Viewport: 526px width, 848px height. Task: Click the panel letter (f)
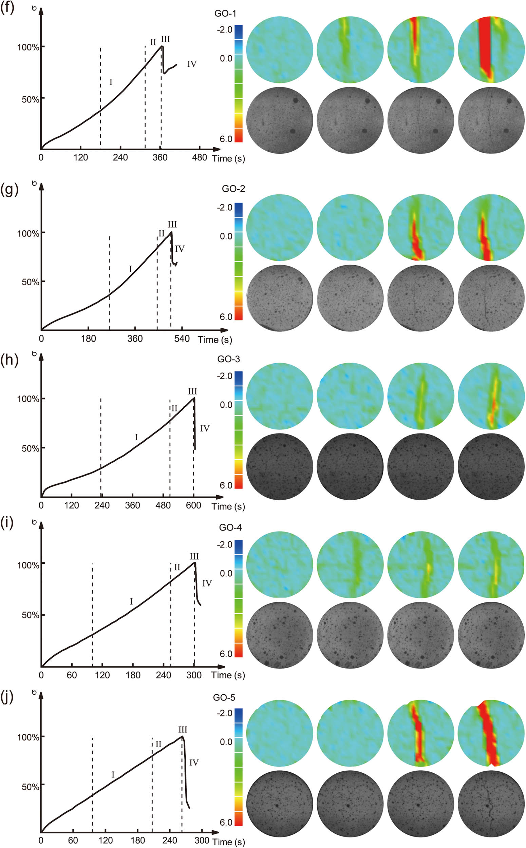[7, 8]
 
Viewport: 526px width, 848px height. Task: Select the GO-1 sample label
[225, 14]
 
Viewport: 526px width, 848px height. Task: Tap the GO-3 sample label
[229, 359]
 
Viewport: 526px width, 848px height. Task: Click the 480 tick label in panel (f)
[199, 157]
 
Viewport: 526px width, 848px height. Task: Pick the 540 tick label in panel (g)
[182, 339]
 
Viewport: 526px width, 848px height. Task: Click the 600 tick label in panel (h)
[193, 505]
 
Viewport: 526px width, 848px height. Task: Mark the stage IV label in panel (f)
[192, 64]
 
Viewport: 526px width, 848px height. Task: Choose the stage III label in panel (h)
[192, 391]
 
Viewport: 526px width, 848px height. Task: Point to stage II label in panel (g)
[162, 233]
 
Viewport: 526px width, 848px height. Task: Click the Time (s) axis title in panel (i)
[228, 675]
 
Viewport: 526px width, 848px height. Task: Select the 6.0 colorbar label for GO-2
[226, 317]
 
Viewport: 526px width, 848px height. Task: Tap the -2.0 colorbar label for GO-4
[224, 544]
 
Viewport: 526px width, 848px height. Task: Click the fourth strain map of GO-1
[491, 50]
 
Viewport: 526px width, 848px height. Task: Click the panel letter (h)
[9, 360]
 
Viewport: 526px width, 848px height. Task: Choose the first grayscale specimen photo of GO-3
[279, 467]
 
